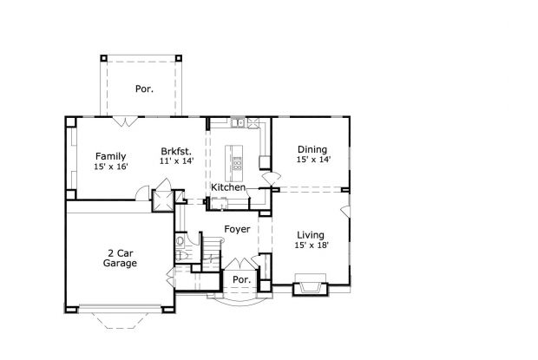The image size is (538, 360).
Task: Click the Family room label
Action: coord(111,156)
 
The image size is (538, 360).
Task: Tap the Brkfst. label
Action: coord(175,150)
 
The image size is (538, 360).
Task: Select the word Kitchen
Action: coord(228,187)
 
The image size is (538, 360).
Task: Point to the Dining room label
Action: coord(312,149)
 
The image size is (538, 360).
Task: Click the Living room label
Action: coord(311,235)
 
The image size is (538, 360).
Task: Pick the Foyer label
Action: coord(237,229)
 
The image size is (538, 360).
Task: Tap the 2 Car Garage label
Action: coord(120,258)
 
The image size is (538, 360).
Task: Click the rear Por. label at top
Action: coord(143,88)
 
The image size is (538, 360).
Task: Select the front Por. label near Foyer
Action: coord(240,280)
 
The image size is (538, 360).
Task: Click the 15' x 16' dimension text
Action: coord(111,167)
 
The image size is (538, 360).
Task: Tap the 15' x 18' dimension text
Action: coord(311,245)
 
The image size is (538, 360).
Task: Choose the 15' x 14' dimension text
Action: coord(312,160)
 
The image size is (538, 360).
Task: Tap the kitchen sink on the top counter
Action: coord(238,122)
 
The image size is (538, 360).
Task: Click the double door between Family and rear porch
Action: coord(126,121)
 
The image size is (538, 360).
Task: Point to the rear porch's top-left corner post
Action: coord(104,58)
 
